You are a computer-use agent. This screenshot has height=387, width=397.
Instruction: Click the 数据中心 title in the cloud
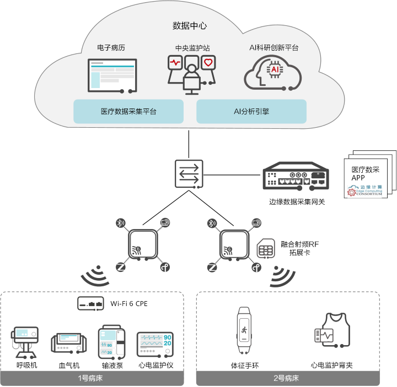190,26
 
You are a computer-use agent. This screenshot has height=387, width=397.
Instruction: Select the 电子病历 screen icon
111,75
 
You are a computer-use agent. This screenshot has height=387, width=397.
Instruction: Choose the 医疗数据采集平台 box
128,111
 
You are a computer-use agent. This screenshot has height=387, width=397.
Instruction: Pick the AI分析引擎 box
251,111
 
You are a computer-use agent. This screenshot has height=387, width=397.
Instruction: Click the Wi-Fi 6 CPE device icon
91,303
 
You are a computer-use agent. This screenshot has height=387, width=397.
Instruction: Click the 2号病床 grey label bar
288,379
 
